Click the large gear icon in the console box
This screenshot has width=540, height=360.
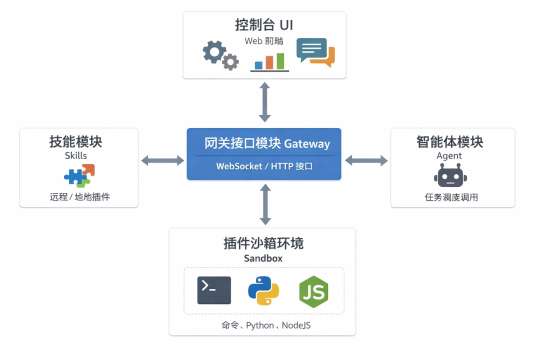pyautogui.click(x=213, y=51)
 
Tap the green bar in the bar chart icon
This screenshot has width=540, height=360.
pyautogui.click(x=280, y=61)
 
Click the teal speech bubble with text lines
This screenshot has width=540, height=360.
pyautogui.click(x=310, y=49)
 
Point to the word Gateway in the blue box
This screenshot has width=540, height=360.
pyautogui.click(x=307, y=144)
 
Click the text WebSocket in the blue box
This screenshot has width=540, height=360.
pyautogui.click(x=239, y=166)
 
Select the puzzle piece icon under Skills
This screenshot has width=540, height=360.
pyautogui.click(x=79, y=175)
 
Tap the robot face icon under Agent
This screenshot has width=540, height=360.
pyautogui.click(x=450, y=177)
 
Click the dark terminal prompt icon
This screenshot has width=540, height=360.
pyautogui.click(x=214, y=290)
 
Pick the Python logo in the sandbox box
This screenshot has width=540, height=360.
pyautogui.click(x=263, y=290)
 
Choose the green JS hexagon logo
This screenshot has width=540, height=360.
pyautogui.click(x=313, y=291)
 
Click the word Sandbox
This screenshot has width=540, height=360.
pyautogui.click(x=263, y=258)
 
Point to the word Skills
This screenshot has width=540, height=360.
pyautogui.click(x=76, y=156)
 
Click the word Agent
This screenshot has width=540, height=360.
pyautogui.click(x=449, y=156)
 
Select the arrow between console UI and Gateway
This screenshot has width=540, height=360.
pyautogui.click(x=264, y=102)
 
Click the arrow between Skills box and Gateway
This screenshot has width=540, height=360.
pyautogui.click(x=162, y=160)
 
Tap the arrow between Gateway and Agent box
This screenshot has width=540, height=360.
pyautogui.click(x=366, y=160)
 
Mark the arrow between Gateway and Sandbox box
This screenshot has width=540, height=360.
pyautogui.click(x=265, y=204)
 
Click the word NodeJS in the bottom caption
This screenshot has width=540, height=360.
pyautogui.click(x=296, y=325)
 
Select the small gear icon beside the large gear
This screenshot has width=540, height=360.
pyautogui.click(x=230, y=62)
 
